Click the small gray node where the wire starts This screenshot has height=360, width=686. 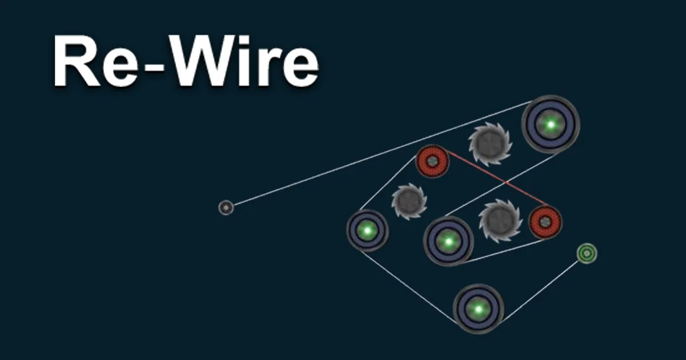pyautogui.click(x=226, y=207)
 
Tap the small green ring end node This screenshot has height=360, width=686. pyautogui.click(x=587, y=253)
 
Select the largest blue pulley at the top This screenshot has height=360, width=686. pyautogui.click(x=551, y=125)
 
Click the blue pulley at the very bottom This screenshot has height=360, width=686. pyautogui.click(x=478, y=309)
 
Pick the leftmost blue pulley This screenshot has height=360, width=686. pyautogui.click(x=368, y=230)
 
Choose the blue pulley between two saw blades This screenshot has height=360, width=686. pyautogui.click(x=448, y=241)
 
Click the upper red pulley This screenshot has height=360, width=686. pyautogui.click(x=432, y=161)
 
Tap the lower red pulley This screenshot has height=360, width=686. pyautogui.click(x=545, y=222)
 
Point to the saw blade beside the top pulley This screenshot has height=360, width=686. pyautogui.click(x=490, y=144)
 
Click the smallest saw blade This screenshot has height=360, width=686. pyautogui.click(x=409, y=201)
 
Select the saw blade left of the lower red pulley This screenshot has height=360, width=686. pyautogui.click(x=500, y=221)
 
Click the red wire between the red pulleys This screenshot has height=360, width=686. pyautogui.click(x=498, y=178)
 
